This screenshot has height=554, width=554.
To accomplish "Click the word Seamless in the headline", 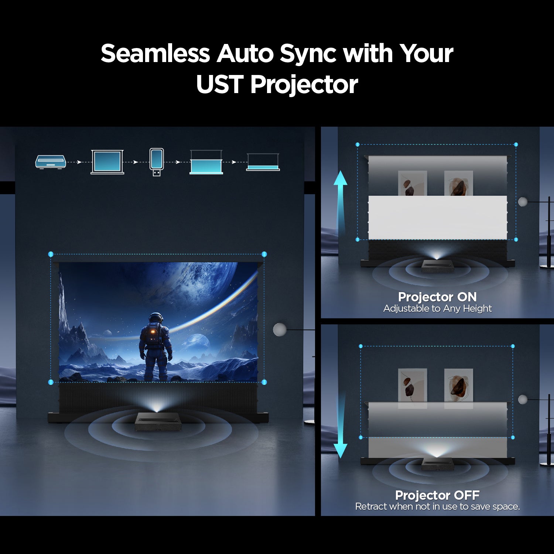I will click(x=155, y=54).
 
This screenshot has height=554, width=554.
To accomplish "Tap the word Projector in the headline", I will click(x=304, y=85).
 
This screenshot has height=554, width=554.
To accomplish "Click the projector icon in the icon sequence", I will click(x=51, y=162).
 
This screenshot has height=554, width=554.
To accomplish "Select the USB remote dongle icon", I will click(x=157, y=161).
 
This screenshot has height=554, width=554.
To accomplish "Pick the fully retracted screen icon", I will click(x=263, y=163).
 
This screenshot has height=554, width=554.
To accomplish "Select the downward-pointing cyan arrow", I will click(x=340, y=428).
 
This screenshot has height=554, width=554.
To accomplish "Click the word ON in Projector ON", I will click(x=467, y=297).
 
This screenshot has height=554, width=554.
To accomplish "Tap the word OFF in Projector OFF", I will click(x=466, y=495).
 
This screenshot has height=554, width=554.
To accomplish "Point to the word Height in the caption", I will click(x=477, y=308).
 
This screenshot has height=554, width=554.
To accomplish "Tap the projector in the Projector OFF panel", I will click(x=438, y=464).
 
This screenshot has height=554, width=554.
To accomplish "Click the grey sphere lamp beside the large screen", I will click(x=280, y=329).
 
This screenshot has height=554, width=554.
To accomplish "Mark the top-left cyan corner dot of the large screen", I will click(x=51, y=254).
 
